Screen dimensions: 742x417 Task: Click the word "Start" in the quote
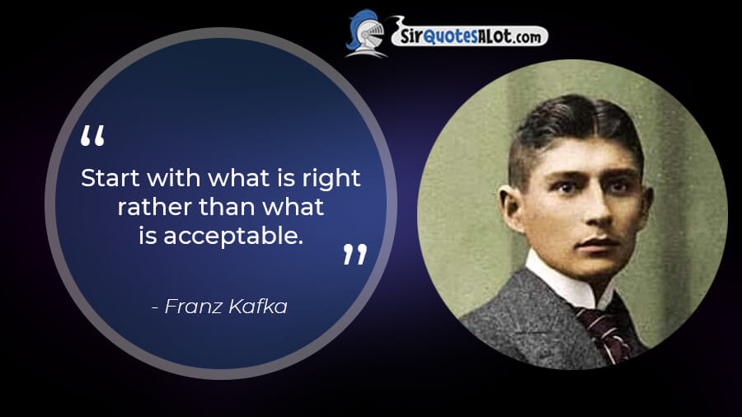click(110, 178)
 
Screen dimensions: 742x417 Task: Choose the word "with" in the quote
click(174, 178)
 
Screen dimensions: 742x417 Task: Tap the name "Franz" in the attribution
click(193, 307)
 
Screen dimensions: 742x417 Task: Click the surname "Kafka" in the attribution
click(257, 307)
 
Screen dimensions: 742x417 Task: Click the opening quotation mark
click(92, 135)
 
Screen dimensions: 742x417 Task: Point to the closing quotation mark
click(355, 255)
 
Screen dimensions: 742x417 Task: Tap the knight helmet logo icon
click(366, 34)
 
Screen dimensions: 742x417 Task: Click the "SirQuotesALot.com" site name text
click(471, 36)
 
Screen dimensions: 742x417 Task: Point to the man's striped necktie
click(604, 332)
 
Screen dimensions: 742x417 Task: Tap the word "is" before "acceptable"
click(148, 236)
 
